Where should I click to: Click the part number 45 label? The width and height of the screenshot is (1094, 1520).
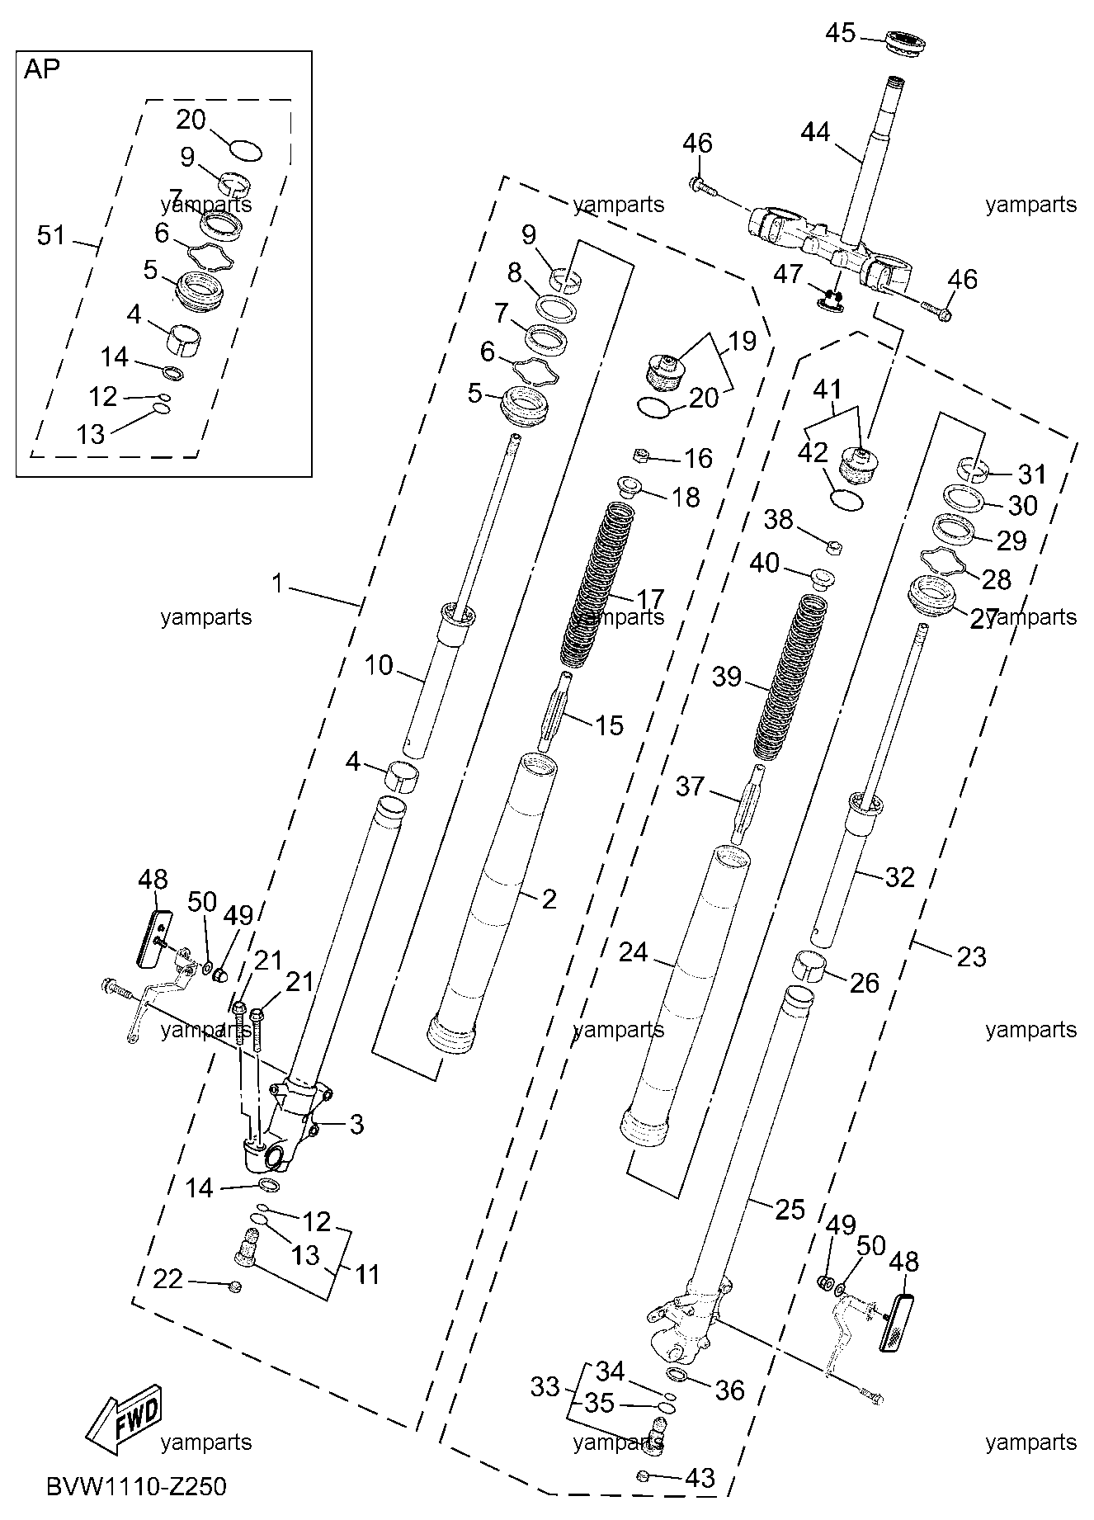[x=842, y=34]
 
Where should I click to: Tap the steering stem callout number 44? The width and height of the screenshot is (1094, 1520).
[x=816, y=132]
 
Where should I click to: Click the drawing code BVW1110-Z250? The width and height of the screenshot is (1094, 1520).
[x=136, y=1487]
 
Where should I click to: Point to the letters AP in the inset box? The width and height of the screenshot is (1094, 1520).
[x=42, y=69]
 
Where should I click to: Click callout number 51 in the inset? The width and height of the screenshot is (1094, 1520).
[x=51, y=236]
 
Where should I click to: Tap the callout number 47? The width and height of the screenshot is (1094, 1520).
[x=789, y=273]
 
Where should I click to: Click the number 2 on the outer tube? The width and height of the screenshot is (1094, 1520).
[x=549, y=899]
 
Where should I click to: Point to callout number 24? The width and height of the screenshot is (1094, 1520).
[x=634, y=953]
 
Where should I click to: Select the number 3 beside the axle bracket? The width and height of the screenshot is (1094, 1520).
[x=356, y=1124]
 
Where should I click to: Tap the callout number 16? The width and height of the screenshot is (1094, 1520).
[x=698, y=459]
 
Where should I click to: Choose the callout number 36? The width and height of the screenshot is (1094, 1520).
[x=730, y=1390]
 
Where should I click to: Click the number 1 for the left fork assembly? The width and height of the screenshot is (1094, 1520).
[x=278, y=584]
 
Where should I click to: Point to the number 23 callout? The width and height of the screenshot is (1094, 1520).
[x=972, y=957]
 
